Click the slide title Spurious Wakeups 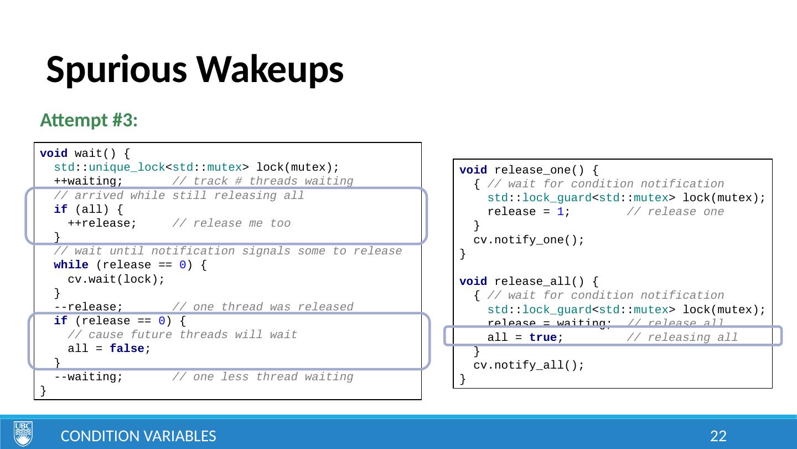[x=195, y=70]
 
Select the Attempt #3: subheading [x=89, y=120]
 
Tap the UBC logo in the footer [x=23, y=433]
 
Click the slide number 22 [x=718, y=436]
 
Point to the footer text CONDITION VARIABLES [x=138, y=436]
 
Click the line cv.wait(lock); [x=116, y=279]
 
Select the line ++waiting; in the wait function [x=88, y=181]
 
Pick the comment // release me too [x=231, y=223]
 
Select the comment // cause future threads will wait [x=182, y=335]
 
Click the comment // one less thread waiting [x=262, y=377]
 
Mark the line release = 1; [x=528, y=212]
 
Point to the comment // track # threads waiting [x=262, y=181]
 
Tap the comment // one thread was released [x=262, y=307]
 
